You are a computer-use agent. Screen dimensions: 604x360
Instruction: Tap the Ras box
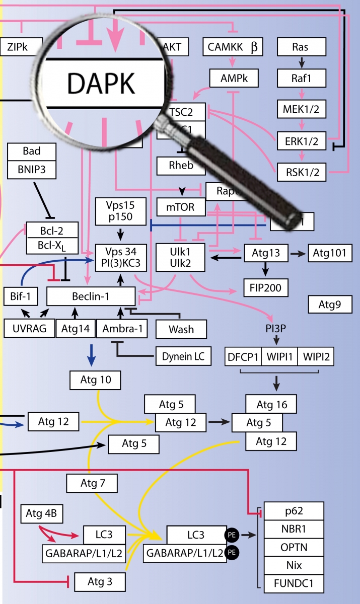coord(300,48)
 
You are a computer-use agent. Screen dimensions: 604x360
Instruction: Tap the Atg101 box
coord(330,253)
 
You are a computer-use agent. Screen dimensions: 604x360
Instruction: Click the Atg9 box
coord(330,304)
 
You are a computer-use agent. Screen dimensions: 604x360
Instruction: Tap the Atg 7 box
coord(92,484)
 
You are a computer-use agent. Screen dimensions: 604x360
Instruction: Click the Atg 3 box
coord(100,582)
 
